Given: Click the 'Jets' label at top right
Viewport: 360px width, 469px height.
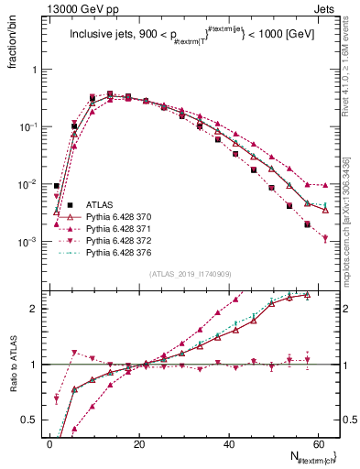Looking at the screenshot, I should [x=326, y=7].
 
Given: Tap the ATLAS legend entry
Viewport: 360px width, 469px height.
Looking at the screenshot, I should [x=100, y=204].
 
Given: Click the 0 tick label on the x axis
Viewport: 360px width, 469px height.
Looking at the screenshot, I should [x=49, y=444].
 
